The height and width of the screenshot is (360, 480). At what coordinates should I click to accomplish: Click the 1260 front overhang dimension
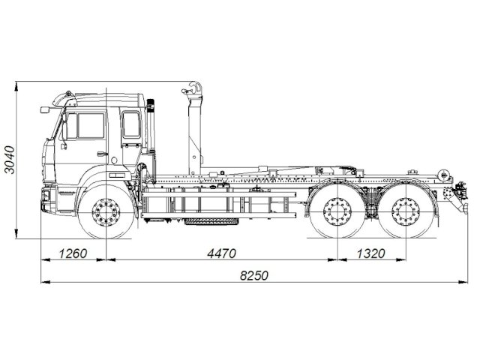click(73, 253)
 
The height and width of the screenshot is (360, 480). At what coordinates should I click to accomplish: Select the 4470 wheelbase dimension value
click(222, 253)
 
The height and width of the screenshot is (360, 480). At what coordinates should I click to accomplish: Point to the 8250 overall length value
click(253, 275)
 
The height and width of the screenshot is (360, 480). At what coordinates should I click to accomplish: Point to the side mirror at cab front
click(45, 110)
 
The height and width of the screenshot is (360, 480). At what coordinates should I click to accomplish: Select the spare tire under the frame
click(210, 221)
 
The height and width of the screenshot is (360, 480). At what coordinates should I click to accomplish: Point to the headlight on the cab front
click(46, 196)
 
